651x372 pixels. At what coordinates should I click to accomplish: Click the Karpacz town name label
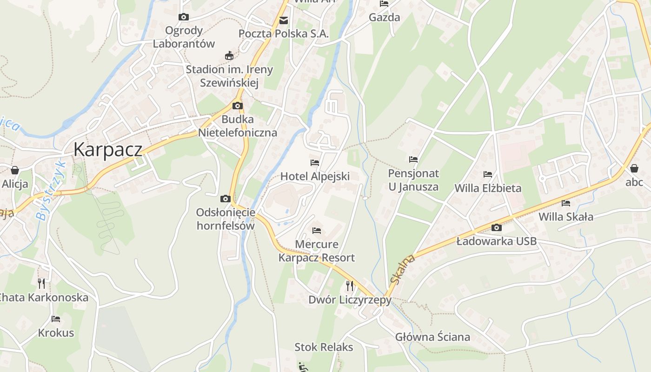[107, 150]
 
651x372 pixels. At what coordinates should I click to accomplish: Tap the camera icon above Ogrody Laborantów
[184, 17]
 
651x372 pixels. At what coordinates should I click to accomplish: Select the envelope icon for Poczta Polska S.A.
[283, 20]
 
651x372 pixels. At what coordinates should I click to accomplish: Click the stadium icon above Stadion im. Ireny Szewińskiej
[229, 56]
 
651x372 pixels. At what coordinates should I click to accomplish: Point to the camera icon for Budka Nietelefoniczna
[237, 106]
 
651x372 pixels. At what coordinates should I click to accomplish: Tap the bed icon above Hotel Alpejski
[315, 163]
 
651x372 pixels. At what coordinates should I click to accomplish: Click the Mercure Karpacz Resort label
[317, 251]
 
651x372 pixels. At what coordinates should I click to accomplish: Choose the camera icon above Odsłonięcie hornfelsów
[225, 199]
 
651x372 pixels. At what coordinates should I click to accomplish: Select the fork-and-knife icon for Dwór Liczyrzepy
[350, 286]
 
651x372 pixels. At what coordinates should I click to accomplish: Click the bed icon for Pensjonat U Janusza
[413, 159]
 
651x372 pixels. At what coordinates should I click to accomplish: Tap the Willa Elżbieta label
[488, 188]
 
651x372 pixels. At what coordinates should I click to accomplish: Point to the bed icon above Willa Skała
[566, 203]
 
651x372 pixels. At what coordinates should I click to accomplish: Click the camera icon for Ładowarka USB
[496, 227]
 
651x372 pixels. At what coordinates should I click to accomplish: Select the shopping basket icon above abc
[634, 168]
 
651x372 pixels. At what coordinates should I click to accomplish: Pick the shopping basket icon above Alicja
[15, 170]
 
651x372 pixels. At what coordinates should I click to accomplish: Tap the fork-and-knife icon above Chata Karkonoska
[41, 283]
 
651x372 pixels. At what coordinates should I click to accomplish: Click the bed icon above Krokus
[56, 319]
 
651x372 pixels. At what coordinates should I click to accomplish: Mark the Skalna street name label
[402, 269]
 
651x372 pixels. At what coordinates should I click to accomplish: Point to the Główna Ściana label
[432, 337]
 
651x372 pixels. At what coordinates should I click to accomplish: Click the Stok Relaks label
[324, 347]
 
